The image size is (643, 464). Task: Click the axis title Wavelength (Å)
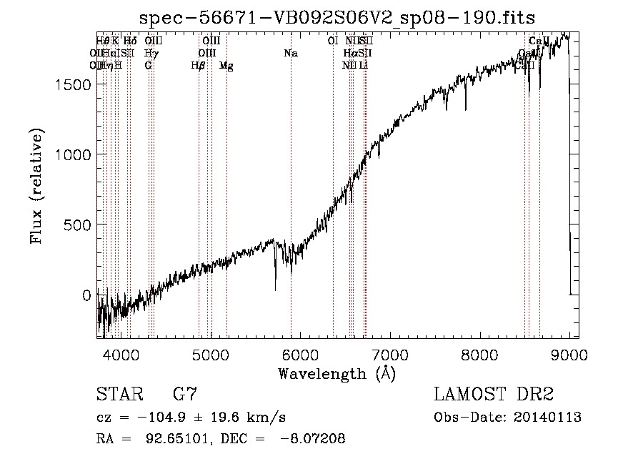coord(337,372)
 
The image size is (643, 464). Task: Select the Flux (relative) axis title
coord(36,187)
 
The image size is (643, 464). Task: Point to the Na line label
coord(290,54)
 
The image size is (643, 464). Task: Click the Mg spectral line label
coord(226,66)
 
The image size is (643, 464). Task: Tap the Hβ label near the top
coord(199,66)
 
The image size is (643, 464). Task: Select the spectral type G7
coord(186,394)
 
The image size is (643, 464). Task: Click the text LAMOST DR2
coord(494,394)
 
